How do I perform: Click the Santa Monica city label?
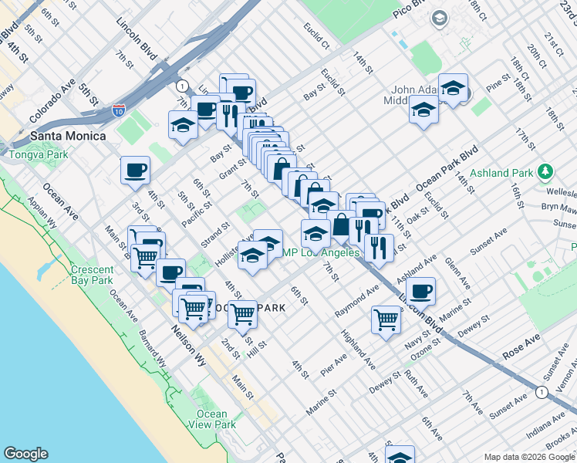(67, 136)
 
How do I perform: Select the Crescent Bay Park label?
(92, 275)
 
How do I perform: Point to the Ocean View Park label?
(211, 419)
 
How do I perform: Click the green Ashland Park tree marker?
(546, 171)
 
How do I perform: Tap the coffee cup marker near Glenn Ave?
(420, 292)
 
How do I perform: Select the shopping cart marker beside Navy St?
(386, 319)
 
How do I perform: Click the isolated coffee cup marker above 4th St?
(135, 171)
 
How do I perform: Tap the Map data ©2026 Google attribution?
(529, 457)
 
